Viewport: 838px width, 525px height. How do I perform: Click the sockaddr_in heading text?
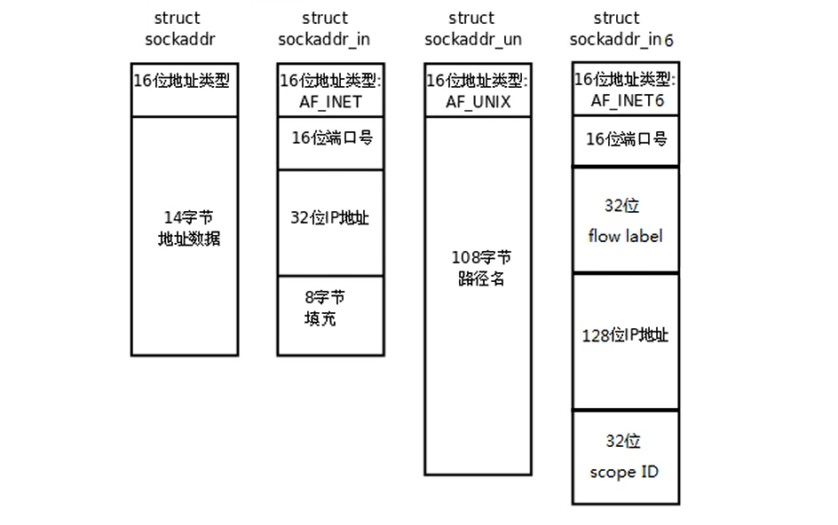(x=324, y=39)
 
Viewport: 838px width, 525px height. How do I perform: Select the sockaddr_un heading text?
(x=472, y=39)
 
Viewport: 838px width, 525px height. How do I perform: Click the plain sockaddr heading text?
(x=180, y=39)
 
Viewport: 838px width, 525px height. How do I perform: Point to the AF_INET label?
(x=330, y=101)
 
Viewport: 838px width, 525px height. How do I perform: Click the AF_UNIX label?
(x=478, y=101)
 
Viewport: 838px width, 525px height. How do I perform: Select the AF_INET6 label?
(x=628, y=100)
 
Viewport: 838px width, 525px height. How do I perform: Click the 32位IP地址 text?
(x=330, y=217)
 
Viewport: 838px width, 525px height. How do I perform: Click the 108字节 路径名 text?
(x=481, y=267)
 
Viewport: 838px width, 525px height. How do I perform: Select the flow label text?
(x=625, y=236)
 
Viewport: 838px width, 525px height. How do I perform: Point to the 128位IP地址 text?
(x=625, y=335)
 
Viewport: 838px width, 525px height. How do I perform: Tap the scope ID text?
(x=624, y=471)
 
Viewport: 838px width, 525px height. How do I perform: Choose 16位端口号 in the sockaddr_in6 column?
(x=626, y=139)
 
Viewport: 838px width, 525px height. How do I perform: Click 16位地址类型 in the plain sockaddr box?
(x=182, y=81)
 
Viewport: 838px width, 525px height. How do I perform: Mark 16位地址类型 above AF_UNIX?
(x=478, y=81)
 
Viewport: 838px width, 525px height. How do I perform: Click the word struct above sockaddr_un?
(x=471, y=18)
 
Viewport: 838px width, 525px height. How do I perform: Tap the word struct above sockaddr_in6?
(x=616, y=18)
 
